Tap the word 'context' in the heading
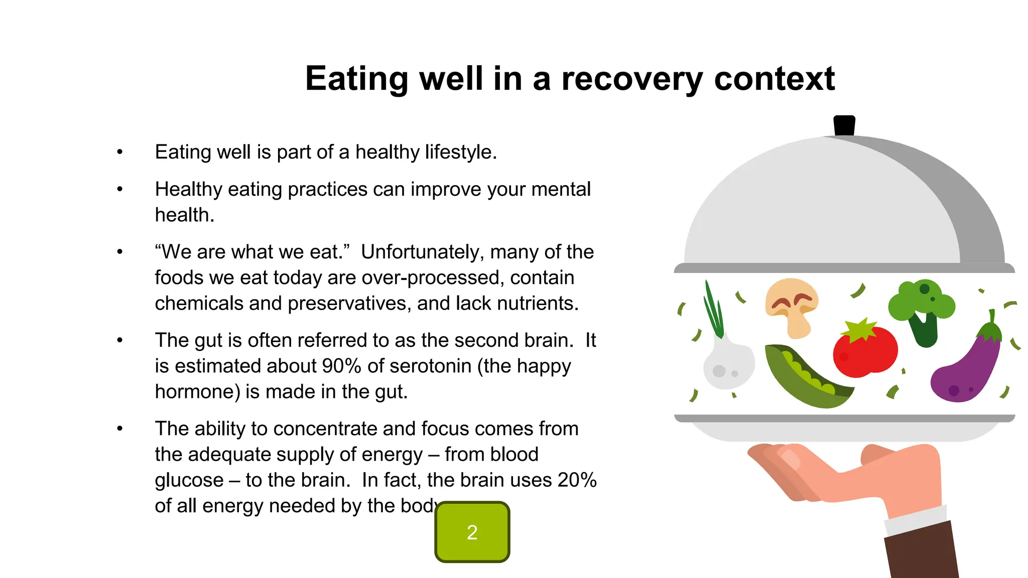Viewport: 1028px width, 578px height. [774, 79]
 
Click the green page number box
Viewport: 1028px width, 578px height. [472, 532]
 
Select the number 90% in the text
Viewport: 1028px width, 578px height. [341, 366]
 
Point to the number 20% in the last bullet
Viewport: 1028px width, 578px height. [577, 480]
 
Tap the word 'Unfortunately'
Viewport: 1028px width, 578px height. [422, 252]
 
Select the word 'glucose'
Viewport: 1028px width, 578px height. [189, 480]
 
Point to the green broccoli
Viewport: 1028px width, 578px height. [922, 309]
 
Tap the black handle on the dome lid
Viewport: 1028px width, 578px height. [844, 125]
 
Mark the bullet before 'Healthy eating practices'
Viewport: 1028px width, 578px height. [119, 190]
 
